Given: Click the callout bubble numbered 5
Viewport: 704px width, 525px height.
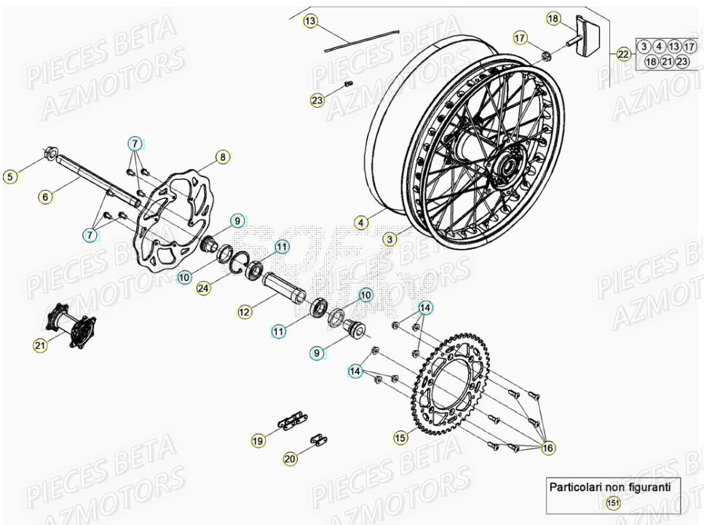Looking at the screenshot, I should (x=9, y=176).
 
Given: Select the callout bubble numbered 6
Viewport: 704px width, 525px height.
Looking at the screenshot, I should (x=45, y=197).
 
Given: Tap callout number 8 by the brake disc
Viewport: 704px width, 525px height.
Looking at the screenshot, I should (x=223, y=157).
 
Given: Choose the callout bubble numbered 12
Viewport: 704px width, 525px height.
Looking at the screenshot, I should (x=244, y=312).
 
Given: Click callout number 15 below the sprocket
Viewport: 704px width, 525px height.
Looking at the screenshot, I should (x=400, y=438).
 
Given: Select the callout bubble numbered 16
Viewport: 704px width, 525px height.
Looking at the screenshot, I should (x=547, y=449).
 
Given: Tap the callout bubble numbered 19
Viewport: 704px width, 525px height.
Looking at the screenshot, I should (x=258, y=441).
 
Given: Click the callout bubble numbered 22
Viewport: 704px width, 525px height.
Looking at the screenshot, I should (x=622, y=54).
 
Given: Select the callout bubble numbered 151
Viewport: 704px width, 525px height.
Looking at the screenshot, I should (x=614, y=503).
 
